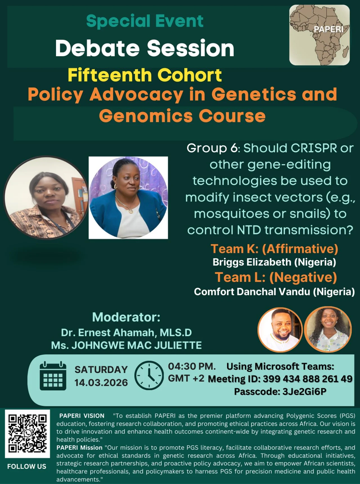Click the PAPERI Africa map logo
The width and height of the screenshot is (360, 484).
[319, 35]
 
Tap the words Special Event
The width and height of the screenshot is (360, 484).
[145, 21]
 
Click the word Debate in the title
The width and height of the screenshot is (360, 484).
[97, 48]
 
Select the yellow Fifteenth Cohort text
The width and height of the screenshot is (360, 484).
[145, 75]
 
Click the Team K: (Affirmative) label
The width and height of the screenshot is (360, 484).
[274, 249]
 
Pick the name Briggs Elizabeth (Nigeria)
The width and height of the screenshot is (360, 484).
[274, 262]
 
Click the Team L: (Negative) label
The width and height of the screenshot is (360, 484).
[276, 277]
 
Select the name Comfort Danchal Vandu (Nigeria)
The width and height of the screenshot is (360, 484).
[274, 292]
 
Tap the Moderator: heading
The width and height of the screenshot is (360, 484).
[126, 317]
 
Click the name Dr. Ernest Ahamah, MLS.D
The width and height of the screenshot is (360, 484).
[126, 333]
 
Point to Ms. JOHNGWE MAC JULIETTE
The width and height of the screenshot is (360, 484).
[126, 345]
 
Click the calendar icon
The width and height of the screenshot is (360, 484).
[53, 376]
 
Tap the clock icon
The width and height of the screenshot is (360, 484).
[149, 376]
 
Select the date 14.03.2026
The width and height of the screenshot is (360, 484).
[101, 383]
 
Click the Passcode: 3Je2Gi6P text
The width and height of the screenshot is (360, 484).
[280, 392]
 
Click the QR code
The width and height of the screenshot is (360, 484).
[28, 434]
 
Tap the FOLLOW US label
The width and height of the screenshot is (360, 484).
[27, 467]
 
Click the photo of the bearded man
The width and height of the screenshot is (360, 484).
[280, 330]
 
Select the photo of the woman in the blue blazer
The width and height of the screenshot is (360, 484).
[128, 198]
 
